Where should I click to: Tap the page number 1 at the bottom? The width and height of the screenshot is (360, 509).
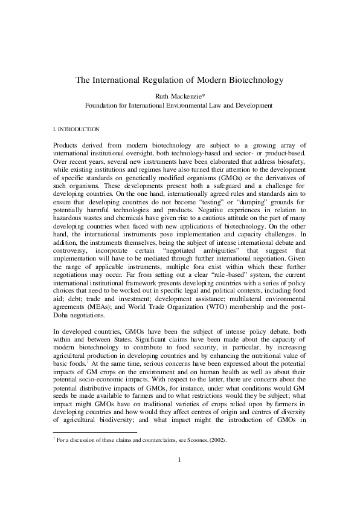coord(181,478)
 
